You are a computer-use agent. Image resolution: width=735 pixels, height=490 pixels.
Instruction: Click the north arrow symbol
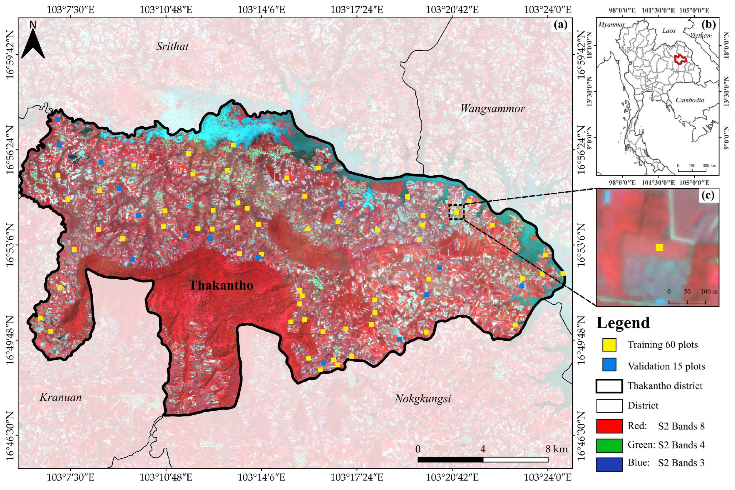pos(33,41)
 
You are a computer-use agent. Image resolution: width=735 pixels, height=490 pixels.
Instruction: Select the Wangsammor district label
pos(492,109)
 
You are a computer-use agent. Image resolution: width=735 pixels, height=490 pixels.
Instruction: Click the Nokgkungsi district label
pos(423,399)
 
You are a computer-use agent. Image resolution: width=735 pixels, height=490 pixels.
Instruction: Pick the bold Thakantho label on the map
pos(221,285)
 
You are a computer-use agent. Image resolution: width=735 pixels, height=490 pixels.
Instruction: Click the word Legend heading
pos(623,323)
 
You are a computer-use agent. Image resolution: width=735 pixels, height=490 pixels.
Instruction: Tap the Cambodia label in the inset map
pos(690,101)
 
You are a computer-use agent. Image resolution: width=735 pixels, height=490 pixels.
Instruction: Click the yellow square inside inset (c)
pos(659,248)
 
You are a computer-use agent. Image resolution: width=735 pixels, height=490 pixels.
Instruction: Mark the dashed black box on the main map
pos(457,212)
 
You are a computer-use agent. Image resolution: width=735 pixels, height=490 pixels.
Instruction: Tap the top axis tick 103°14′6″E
pos(262,10)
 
